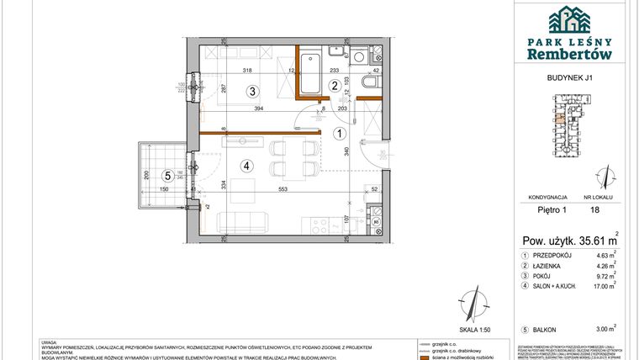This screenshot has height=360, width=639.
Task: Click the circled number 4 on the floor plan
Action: pyautogui.click(x=246, y=165)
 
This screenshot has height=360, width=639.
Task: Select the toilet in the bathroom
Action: pyautogui.click(x=368, y=83)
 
